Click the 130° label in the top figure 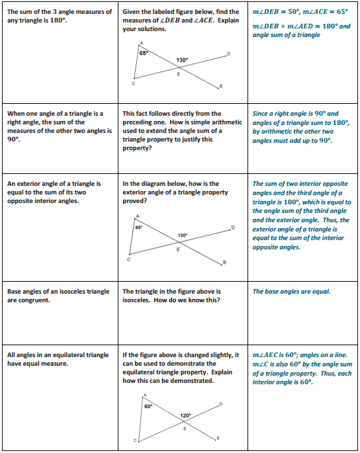click(183, 60)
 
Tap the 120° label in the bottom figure click(185, 415)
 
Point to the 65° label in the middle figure click(139, 227)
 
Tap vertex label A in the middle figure click(137, 216)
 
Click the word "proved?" click(135, 201)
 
